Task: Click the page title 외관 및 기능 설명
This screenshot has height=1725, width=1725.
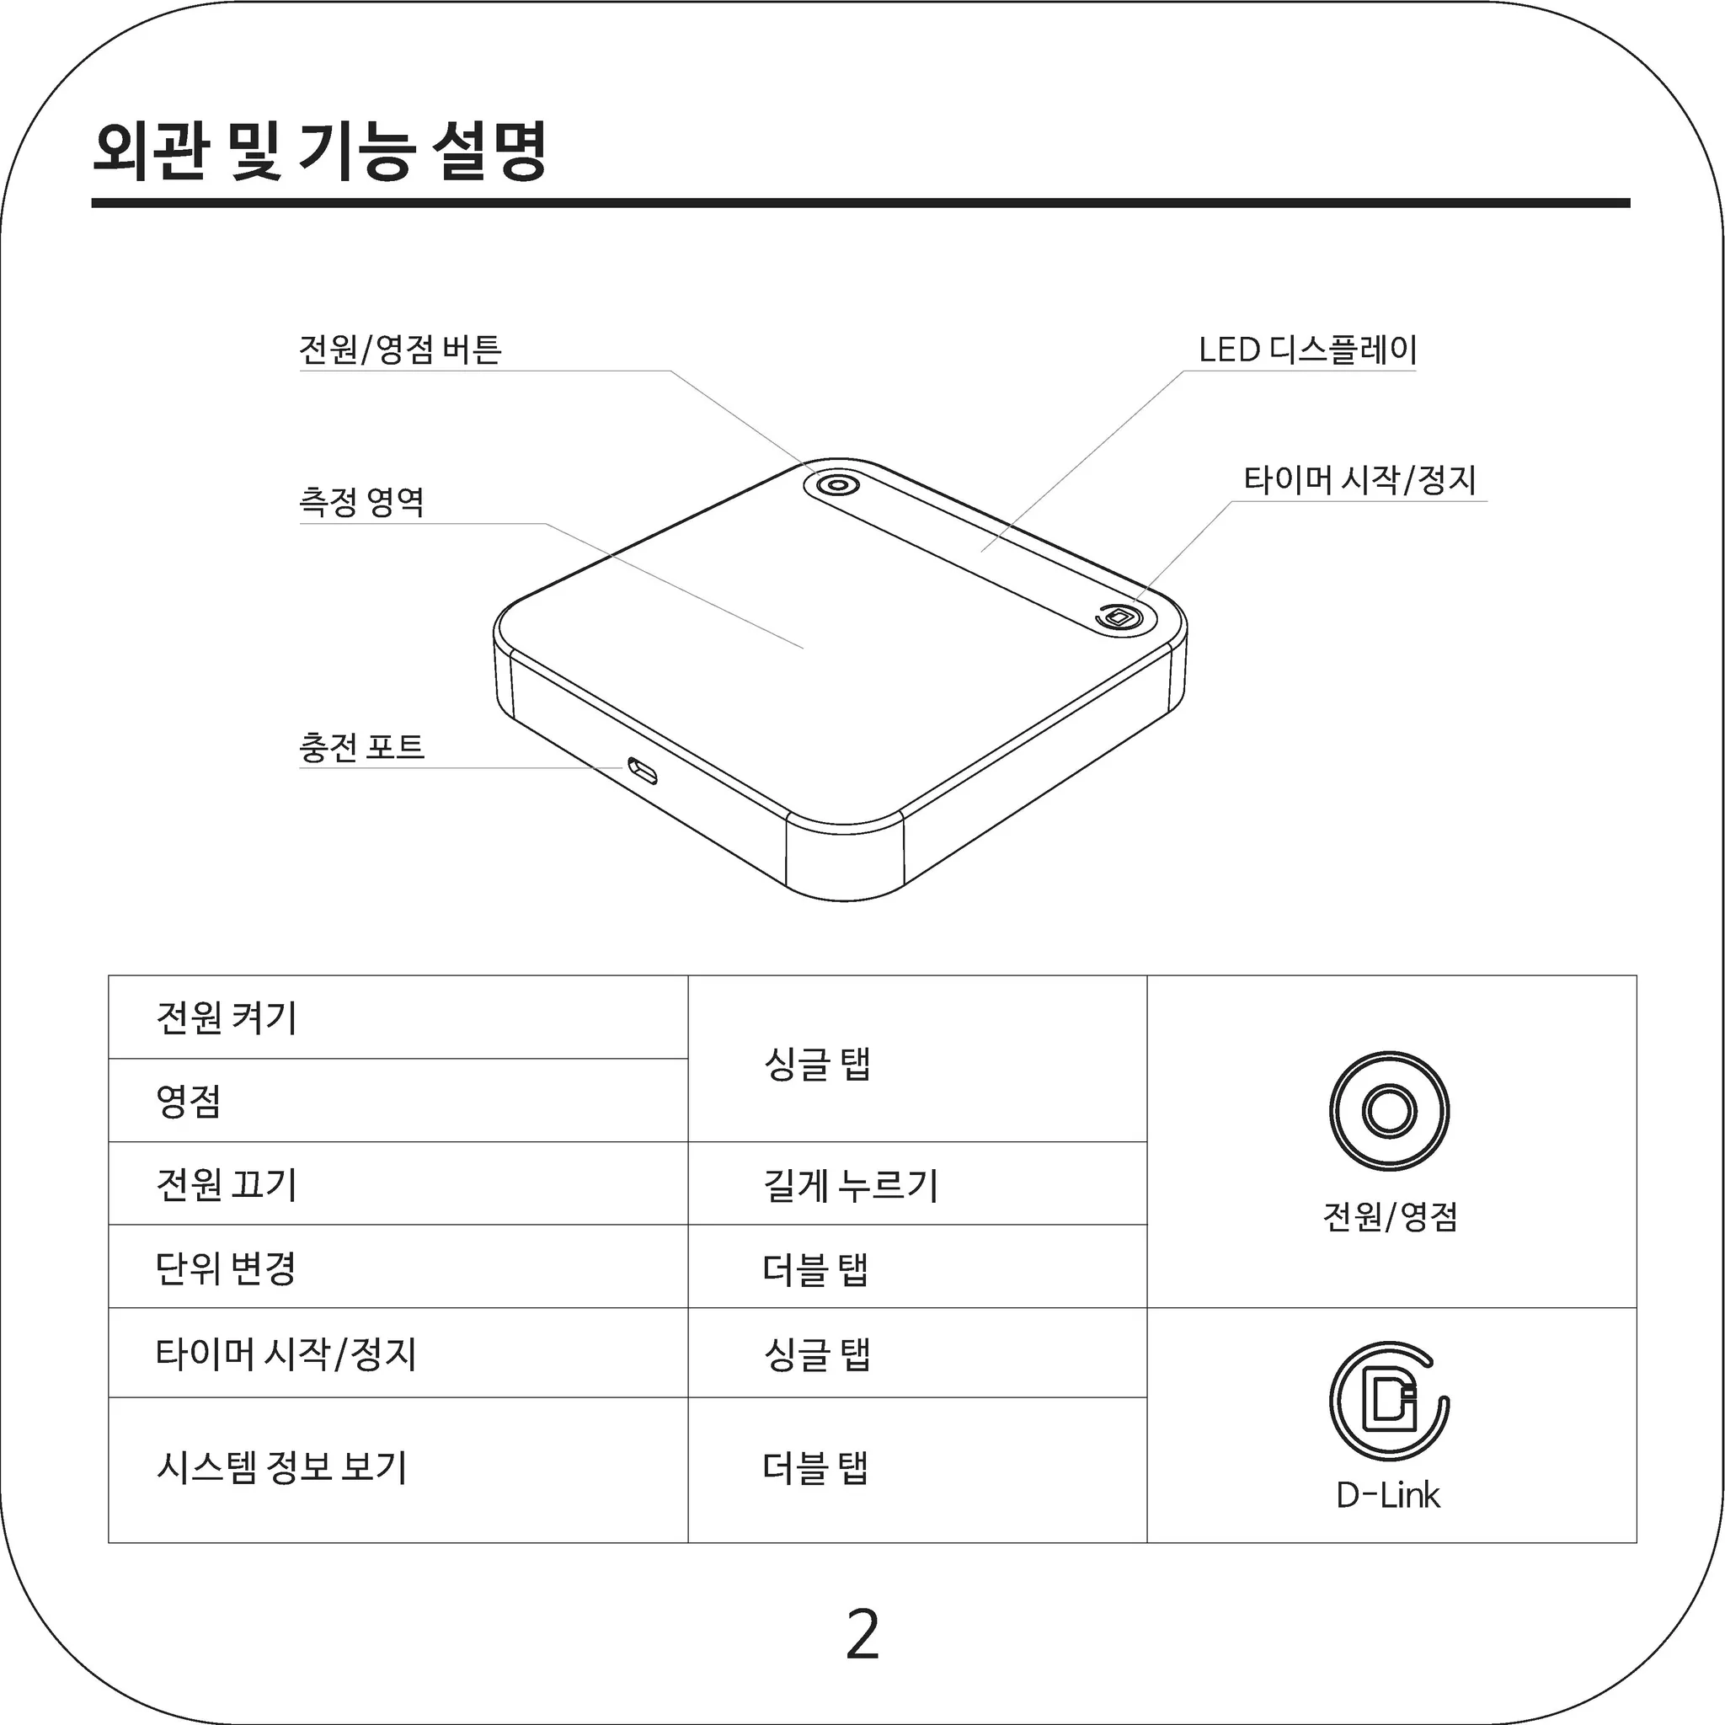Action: (x=319, y=151)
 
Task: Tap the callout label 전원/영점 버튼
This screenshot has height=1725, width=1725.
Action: (x=401, y=349)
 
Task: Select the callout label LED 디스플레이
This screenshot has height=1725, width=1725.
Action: (x=1308, y=349)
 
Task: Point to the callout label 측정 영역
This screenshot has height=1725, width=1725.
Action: (x=361, y=502)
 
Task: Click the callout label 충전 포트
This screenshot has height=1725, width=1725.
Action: (x=361, y=746)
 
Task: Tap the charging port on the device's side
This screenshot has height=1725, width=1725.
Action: (x=642, y=770)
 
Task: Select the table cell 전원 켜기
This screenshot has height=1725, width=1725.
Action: (x=227, y=1017)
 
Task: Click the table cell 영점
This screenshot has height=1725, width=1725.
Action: (x=189, y=1100)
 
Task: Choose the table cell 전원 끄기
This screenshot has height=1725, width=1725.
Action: (x=227, y=1184)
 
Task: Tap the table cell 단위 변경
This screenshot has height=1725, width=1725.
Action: (x=225, y=1267)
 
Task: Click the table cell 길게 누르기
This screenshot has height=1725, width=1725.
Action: (x=851, y=1186)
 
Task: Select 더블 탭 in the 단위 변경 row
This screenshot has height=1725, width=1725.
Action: (x=816, y=1268)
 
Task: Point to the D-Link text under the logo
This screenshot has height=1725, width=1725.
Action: (x=1388, y=1495)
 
